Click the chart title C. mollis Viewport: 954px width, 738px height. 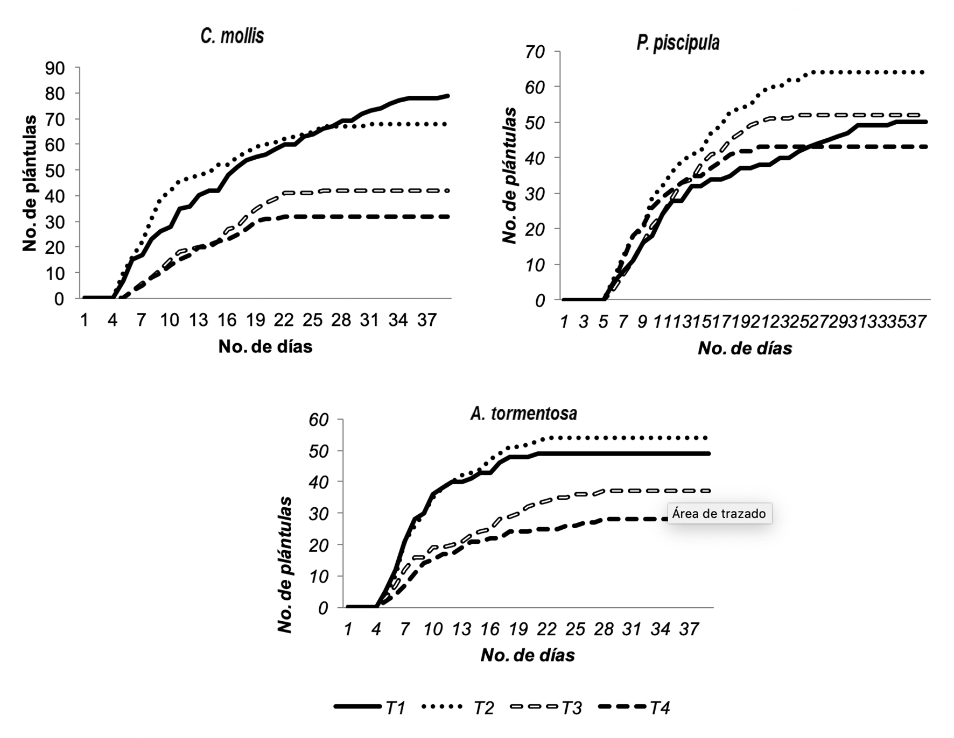232,36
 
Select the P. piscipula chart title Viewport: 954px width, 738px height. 678,43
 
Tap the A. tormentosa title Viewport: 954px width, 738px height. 523,413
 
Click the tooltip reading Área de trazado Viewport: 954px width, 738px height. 719,513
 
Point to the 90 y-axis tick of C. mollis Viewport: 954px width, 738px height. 55,68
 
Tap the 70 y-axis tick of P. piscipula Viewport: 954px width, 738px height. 536,52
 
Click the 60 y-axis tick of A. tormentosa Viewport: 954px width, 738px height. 318,420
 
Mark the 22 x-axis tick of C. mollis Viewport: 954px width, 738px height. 284,320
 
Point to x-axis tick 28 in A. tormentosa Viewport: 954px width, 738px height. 604,629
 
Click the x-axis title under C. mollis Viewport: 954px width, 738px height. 265,346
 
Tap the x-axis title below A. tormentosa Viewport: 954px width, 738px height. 528,655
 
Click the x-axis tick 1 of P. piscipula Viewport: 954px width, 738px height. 564,322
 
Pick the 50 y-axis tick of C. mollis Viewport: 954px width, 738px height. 55,171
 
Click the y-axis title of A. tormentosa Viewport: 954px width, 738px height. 284,565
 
